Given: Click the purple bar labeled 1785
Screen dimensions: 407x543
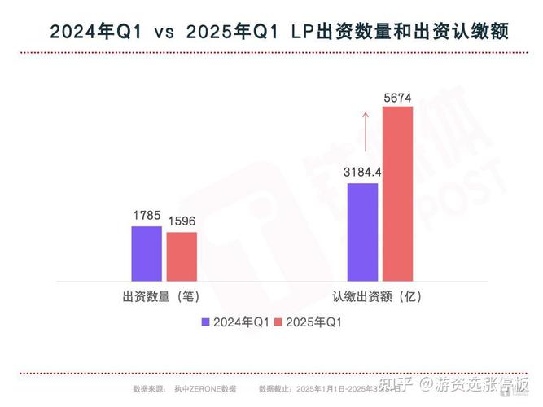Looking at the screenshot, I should pos(146,254).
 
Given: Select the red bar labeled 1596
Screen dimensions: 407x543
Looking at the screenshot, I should pos(182,257).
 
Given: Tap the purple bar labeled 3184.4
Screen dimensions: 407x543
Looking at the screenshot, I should pos(362,232).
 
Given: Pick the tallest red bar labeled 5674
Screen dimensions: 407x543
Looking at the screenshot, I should pos(398,194).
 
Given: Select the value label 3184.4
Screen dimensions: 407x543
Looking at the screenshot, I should pos(362,173).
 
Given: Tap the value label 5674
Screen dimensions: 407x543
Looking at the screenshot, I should pos(398,98).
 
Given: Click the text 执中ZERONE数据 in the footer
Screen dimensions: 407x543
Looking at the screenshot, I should pos(204,390).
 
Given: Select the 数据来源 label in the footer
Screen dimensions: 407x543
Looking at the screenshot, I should pos(149,390).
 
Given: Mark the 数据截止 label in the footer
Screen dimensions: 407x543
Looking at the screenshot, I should pos(275,390).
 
